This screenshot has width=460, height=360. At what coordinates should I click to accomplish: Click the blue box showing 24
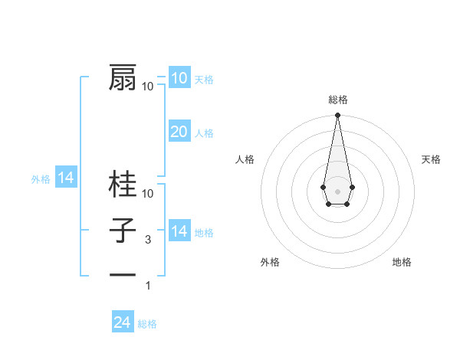click(122, 322)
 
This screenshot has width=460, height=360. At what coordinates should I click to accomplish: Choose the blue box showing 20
click(179, 132)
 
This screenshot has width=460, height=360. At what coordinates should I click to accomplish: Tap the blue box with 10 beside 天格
click(179, 77)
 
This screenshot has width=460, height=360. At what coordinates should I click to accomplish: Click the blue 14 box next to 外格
click(66, 178)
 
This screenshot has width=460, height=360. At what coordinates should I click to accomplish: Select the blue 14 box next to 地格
click(179, 231)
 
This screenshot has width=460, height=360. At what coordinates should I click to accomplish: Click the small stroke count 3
click(148, 240)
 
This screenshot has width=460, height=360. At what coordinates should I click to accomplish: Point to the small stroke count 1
click(148, 286)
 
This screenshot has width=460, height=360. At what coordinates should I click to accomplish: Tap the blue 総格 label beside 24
click(147, 324)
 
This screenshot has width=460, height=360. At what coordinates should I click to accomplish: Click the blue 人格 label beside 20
click(204, 133)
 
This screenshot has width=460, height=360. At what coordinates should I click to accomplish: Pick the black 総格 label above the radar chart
click(337, 100)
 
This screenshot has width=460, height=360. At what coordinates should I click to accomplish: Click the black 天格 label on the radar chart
click(432, 159)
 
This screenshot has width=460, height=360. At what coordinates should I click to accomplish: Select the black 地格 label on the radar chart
click(402, 262)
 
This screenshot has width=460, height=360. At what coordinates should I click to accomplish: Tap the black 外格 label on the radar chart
click(270, 262)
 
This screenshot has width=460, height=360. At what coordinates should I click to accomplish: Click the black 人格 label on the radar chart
click(245, 159)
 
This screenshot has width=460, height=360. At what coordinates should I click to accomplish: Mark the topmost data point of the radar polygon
click(337, 116)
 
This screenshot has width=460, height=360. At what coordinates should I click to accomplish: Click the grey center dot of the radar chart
click(337, 191)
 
